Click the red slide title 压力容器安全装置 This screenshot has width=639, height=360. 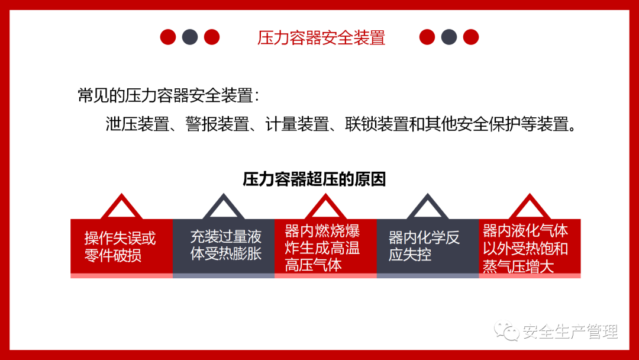[x=321, y=37]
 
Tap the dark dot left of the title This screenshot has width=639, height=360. [x=190, y=37]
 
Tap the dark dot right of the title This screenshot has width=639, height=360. [x=449, y=37]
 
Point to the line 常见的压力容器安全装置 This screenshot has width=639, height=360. [x=168, y=96]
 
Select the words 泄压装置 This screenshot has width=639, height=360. [x=137, y=124]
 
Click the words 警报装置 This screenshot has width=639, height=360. [x=217, y=124]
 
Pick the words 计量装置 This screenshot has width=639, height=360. [x=297, y=124]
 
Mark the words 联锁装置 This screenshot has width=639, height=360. [x=377, y=124]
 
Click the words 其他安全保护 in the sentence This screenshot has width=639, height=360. [x=472, y=124]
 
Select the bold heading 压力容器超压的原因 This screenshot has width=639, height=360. [x=314, y=179]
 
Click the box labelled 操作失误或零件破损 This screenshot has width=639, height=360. [x=121, y=248]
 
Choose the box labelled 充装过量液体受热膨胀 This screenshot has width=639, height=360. [x=224, y=248]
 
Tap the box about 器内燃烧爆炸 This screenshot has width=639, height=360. [x=325, y=248]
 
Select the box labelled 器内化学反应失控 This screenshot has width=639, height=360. [x=428, y=248]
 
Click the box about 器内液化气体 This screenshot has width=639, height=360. [x=530, y=248]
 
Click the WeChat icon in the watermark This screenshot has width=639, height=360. [x=506, y=331]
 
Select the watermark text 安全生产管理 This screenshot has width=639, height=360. [x=570, y=332]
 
